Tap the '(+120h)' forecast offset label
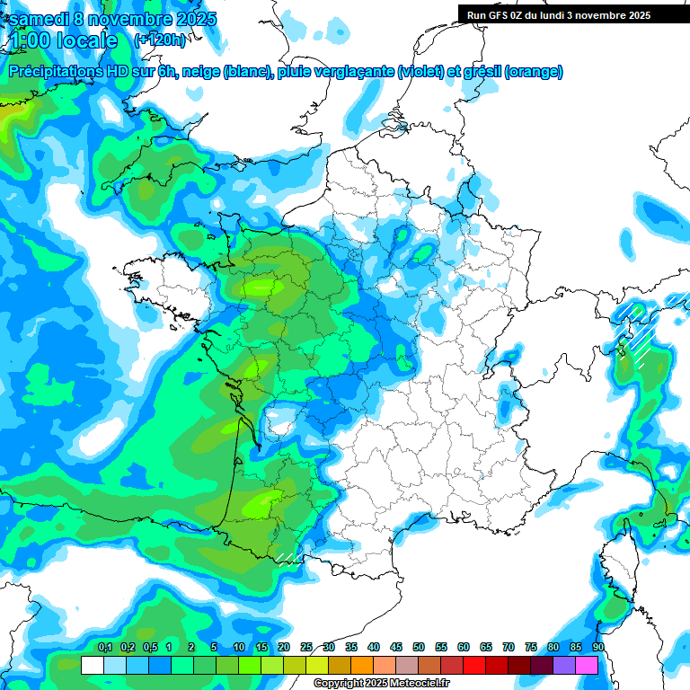161,40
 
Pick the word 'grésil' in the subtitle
479,71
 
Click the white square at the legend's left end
92,666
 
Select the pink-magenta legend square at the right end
587,666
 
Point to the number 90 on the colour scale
597,647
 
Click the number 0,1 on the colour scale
104,647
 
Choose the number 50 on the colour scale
419,647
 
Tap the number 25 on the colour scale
306,647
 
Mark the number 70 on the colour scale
509,647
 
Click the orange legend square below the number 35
362,666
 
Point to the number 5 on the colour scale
214,647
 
